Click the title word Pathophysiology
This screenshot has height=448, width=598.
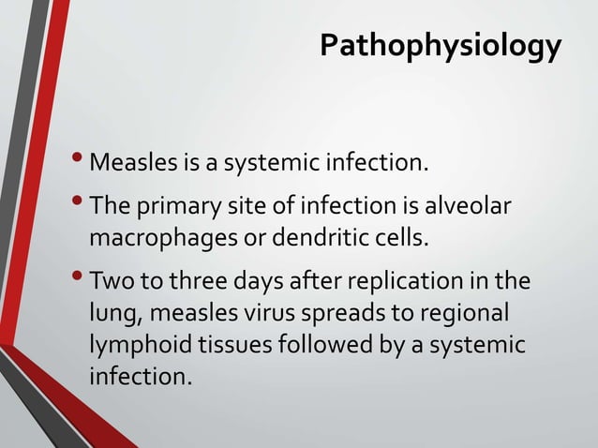pyautogui.click(x=441, y=45)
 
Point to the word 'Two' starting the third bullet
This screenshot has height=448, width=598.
pyautogui.click(x=110, y=282)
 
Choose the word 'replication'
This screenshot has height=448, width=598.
pyautogui.click(x=408, y=282)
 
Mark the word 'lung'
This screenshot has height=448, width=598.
pyautogui.click(x=111, y=312)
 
